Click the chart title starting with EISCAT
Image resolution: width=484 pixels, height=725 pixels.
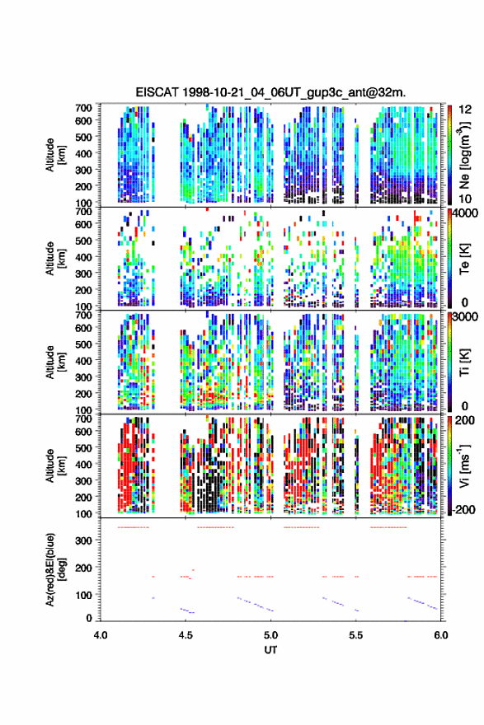click(270, 92)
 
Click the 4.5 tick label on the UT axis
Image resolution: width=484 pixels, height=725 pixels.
click(186, 635)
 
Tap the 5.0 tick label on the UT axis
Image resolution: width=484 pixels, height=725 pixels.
click(270, 635)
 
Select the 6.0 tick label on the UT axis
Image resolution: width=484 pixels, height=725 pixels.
click(441, 635)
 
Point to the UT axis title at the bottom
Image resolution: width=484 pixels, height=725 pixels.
click(270, 650)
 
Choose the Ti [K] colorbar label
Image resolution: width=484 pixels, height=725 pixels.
click(464, 362)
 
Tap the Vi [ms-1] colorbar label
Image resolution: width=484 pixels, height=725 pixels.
click(464, 465)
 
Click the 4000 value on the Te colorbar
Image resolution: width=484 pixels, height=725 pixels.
click(466, 214)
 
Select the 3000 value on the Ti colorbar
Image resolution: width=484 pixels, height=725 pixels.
click(466, 317)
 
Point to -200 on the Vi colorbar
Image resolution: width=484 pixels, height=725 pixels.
click(464, 509)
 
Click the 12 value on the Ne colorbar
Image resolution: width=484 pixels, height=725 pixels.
click(465, 109)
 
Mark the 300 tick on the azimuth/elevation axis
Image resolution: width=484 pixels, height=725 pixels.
click(83, 540)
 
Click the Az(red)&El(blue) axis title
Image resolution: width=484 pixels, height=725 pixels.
click(55, 569)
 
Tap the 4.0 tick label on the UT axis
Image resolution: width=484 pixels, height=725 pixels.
click(101, 635)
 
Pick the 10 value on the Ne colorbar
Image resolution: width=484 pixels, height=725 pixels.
click(465, 199)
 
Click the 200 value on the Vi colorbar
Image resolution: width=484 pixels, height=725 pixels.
click(465, 420)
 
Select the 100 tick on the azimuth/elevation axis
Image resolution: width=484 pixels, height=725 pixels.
click(83, 595)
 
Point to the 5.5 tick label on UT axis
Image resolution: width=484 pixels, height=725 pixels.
click(356, 635)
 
